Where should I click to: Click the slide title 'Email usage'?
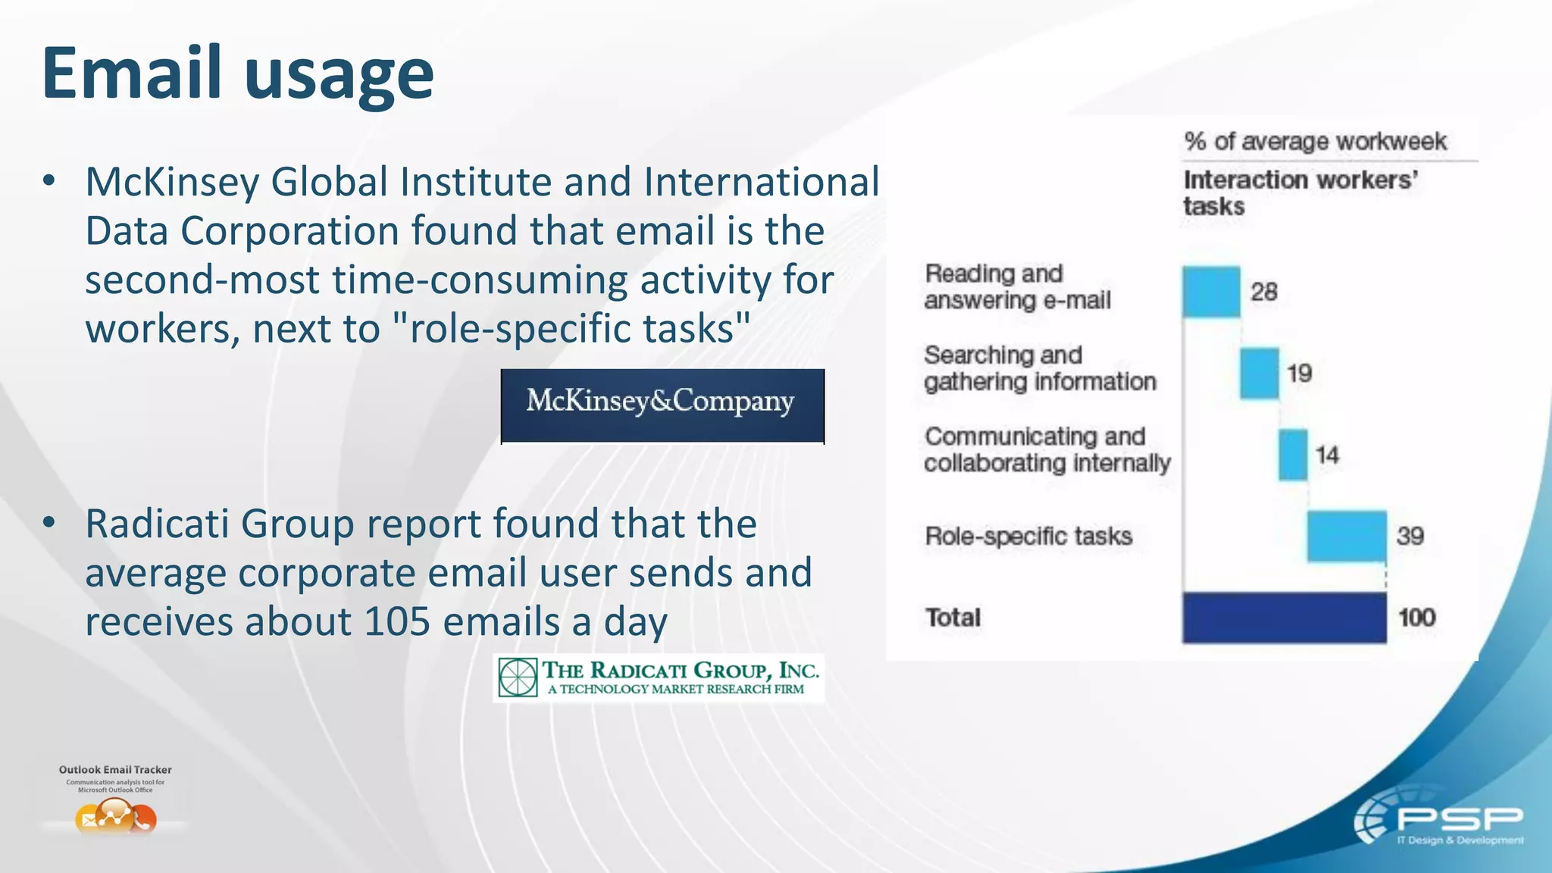click(x=237, y=74)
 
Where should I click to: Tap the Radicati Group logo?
click(x=659, y=677)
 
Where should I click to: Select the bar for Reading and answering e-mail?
click(x=1211, y=292)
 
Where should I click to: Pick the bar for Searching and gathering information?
click(x=1259, y=373)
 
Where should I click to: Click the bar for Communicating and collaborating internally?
click(x=1293, y=455)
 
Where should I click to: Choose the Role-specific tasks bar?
click(x=1347, y=537)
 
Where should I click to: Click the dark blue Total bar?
click(x=1284, y=618)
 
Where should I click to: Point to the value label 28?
click(x=1264, y=292)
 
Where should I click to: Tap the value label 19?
click(x=1299, y=373)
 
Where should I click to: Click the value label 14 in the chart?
click(x=1327, y=455)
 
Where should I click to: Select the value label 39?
click(x=1410, y=537)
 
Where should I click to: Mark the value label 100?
click(x=1416, y=618)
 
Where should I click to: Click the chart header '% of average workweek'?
click(x=1315, y=142)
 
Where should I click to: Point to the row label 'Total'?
click(x=953, y=618)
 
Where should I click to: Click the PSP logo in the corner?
click(x=1439, y=824)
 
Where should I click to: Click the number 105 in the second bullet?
click(x=398, y=622)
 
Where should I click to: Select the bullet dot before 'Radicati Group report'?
click(x=49, y=523)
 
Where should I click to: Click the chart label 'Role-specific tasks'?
click(x=1028, y=537)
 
